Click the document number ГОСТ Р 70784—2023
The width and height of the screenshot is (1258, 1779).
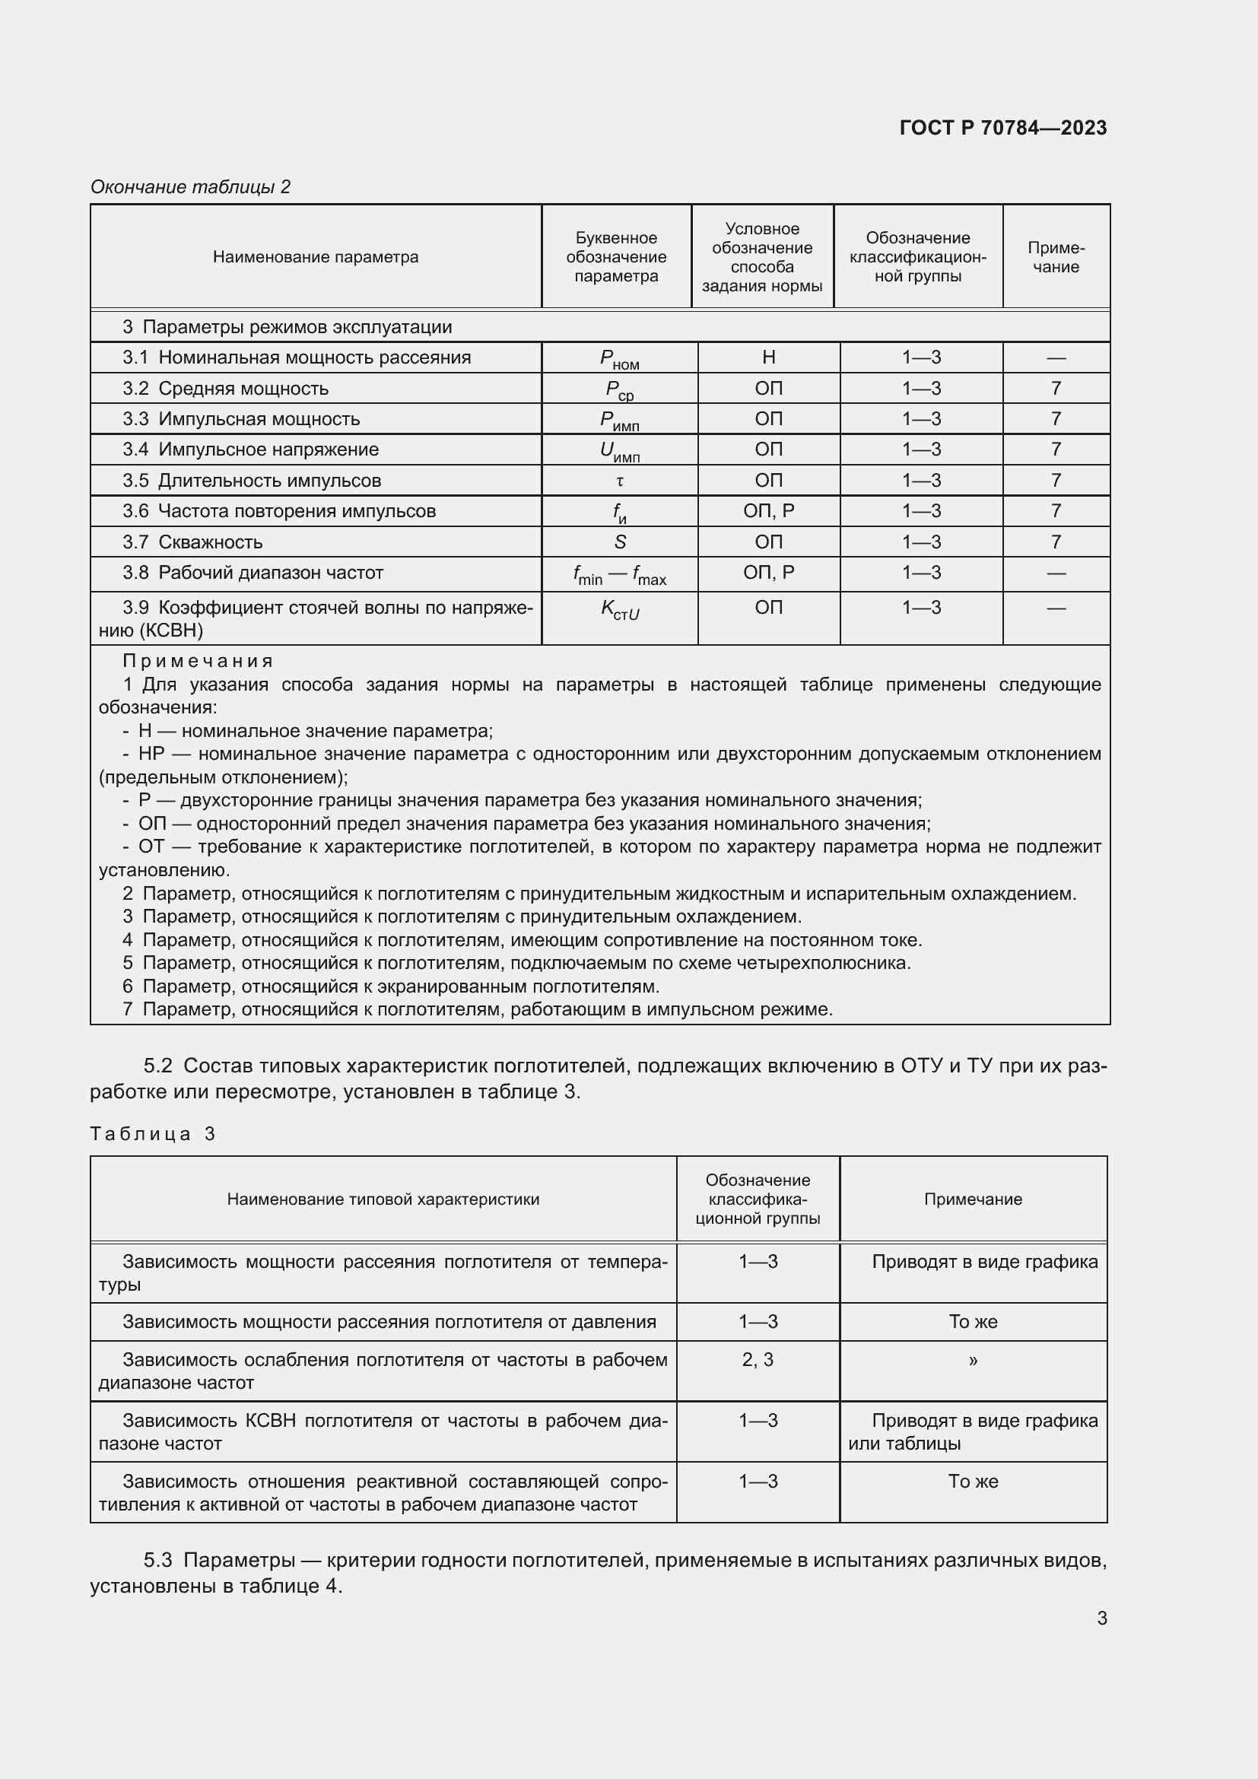[1002, 128]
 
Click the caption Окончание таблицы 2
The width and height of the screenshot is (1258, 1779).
[191, 187]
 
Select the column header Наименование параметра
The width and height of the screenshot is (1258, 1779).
[316, 257]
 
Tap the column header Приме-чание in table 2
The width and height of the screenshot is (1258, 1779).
[1056, 257]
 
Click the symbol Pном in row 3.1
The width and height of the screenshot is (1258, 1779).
[619, 359]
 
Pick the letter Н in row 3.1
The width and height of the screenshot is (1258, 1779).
[768, 357]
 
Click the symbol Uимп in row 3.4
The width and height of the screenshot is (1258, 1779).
[620, 451]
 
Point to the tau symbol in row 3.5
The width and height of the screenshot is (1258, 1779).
[620, 481]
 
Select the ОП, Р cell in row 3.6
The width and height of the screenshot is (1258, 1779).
[768, 510]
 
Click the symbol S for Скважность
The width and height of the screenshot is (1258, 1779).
[620, 542]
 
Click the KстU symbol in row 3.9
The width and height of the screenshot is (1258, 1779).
[620, 610]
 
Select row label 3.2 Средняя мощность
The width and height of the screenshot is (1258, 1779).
[224, 388]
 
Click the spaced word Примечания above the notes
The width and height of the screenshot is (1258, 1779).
[199, 661]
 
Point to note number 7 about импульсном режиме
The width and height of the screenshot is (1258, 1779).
[128, 1009]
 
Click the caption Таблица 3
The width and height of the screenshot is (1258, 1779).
[153, 1134]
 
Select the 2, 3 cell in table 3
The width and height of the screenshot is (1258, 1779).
[758, 1360]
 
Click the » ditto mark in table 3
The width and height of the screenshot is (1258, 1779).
[973, 1361]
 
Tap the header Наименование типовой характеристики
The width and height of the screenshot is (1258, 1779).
[383, 1199]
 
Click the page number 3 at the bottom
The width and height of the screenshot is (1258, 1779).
[1101, 1618]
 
